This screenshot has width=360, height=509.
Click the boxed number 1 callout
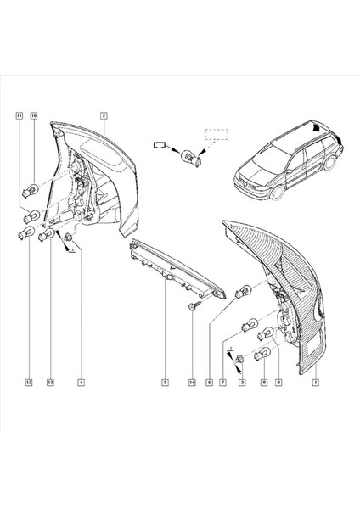pyautogui.click(x=315, y=383)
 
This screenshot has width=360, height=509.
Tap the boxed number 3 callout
pyautogui.click(x=243, y=383)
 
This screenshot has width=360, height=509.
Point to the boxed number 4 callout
pyautogui.click(x=80, y=383)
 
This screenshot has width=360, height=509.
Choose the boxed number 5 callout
pyautogui.click(x=165, y=383)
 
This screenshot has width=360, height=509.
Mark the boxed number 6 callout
pyautogui.click(x=209, y=383)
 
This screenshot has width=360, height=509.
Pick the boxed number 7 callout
pyautogui.click(x=225, y=383)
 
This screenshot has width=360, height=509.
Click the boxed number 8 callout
pyautogui.click(x=278, y=383)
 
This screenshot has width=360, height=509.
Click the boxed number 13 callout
pyautogui.click(x=50, y=383)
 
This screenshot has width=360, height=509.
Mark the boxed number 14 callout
pyautogui.click(x=192, y=383)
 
